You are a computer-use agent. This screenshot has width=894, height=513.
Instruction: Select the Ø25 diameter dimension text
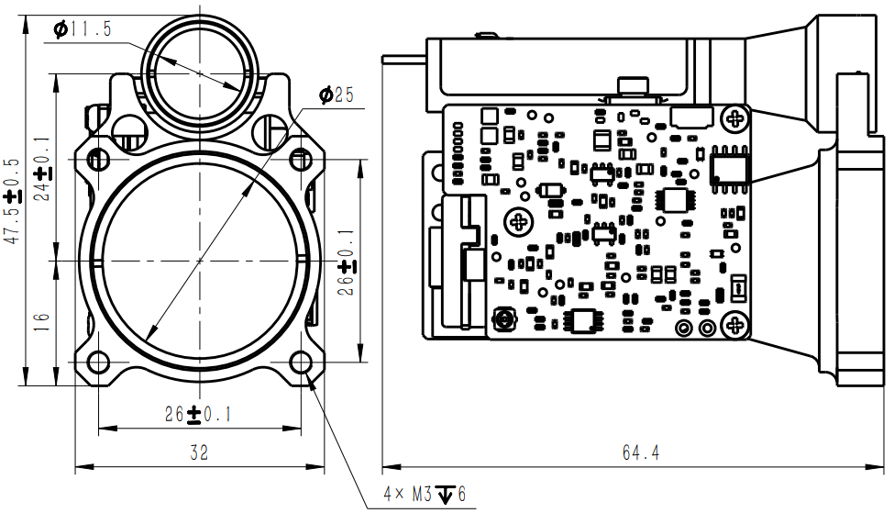tap(336, 95)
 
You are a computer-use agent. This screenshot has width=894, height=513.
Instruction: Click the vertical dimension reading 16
tap(40, 322)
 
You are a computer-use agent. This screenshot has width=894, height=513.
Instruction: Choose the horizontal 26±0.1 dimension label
tap(198, 415)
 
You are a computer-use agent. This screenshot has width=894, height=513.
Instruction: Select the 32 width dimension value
tap(198, 452)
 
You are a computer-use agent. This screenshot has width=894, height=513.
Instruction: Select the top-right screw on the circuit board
tap(734, 117)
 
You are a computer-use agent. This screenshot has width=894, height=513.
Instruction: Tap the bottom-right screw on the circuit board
tap(734, 324)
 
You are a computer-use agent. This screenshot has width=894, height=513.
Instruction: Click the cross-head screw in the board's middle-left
tap(520, 220)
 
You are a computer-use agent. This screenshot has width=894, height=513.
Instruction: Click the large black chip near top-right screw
tap(730, 167)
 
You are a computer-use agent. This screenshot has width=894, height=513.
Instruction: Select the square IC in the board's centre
tap(674, 200)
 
